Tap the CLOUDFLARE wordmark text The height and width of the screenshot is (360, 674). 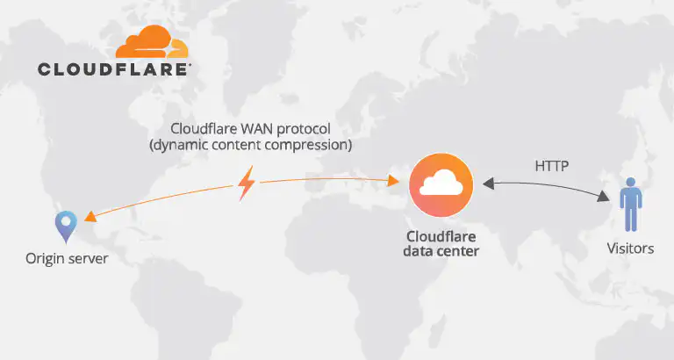[x=114, y=68]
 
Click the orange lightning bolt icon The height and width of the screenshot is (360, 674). [x=247, y=184]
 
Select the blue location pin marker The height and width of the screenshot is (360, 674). [x=66, y=226]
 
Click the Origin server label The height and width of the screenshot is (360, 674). [x=67, y=258]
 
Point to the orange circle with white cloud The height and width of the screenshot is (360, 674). [x=441, y=184]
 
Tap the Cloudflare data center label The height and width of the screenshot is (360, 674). [x=441, y=244]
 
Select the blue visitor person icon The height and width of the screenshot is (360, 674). [x=629, y=205]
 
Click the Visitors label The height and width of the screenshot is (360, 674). [x=630, y=248]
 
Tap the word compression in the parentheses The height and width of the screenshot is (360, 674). [x=305, y=145]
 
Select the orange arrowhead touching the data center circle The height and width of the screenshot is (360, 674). [x=394, y=183]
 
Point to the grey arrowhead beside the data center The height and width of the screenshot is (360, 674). [x=485, y=184]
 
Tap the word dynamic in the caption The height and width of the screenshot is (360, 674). [x=178, y=145]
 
